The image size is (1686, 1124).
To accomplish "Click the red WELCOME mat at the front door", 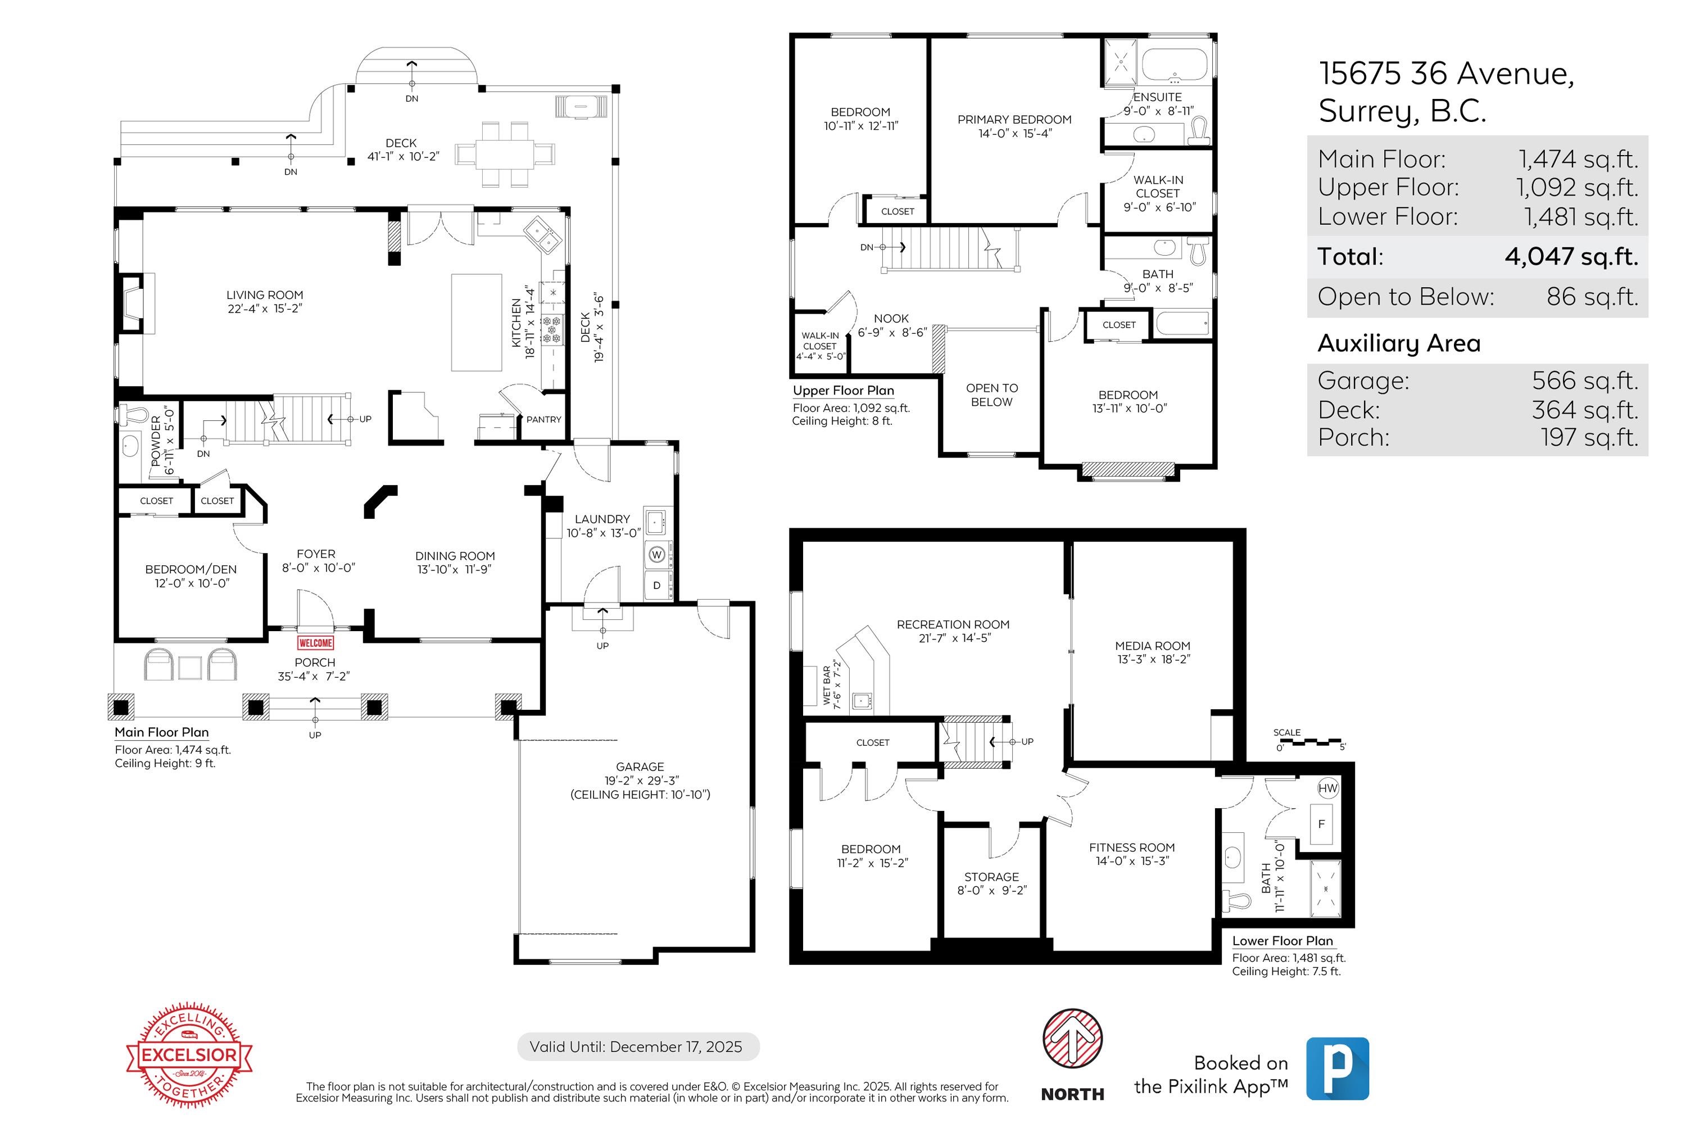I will coord(315,643).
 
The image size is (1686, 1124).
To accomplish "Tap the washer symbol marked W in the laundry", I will coord(656,554).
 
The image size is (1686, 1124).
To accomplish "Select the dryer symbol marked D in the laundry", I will coord(656,585).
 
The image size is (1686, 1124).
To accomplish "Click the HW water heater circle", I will coord(1327,788).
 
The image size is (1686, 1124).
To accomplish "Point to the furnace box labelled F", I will coord(1321,824).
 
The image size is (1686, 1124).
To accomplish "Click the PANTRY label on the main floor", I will coord(543,419).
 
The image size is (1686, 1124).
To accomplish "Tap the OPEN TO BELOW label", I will coord(991,395).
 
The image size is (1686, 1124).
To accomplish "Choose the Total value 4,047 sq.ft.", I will coord(1571,257).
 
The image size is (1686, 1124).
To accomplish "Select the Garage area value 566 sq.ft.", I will coord(1585,380).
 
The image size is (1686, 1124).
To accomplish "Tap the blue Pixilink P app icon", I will coord(1337,1068).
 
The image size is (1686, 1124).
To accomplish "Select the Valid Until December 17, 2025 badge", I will coord(637,1046).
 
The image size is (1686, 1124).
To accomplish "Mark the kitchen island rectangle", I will coord(476,323).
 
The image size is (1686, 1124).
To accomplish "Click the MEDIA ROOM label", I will coord(1153,652).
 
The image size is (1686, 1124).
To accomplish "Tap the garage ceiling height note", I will coord(640,794).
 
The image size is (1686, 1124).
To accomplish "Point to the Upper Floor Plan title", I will coord(843,391).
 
